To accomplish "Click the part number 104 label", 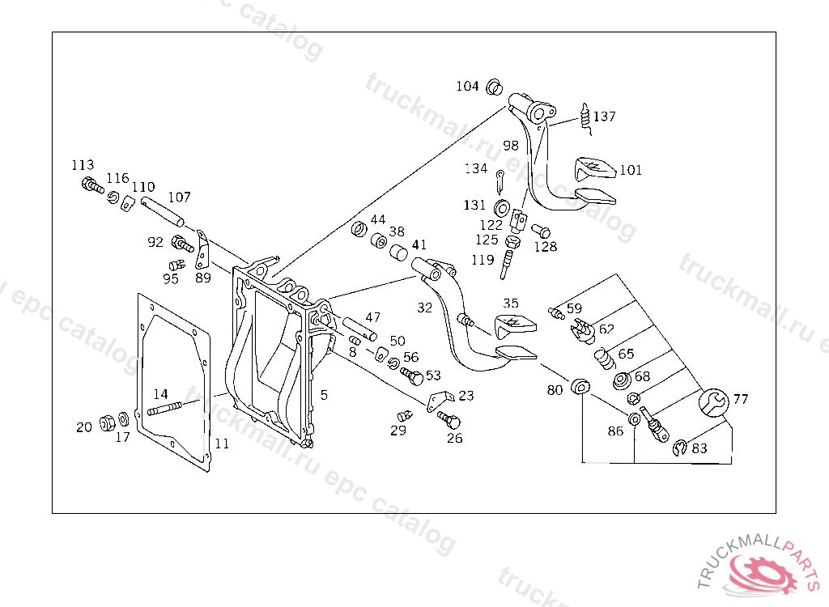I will click(467, 86).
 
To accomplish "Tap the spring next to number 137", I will click(585, 118).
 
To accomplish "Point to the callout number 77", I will click(742, 399).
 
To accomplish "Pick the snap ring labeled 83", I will click(680, 447).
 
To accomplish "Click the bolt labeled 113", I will click(91, 185).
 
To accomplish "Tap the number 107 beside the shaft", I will click(179, 197).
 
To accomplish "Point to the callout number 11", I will click(222, 444).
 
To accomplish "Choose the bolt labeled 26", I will click(449, 420).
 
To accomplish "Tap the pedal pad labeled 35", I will click(512, 326).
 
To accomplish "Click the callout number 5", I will click(324, 395).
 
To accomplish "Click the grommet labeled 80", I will click(580, 387).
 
